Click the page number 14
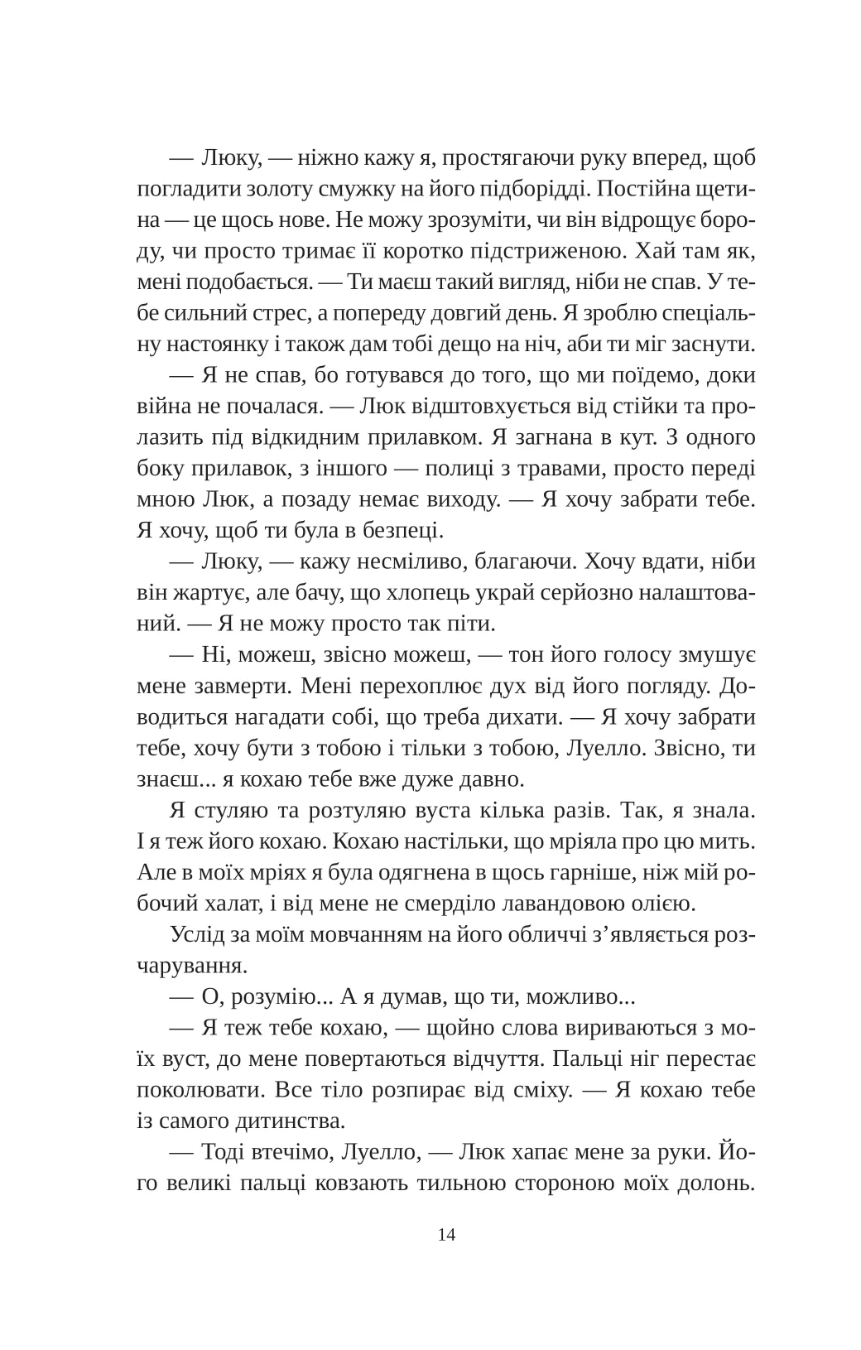click(446, 1235)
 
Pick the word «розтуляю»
click(353, 812)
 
